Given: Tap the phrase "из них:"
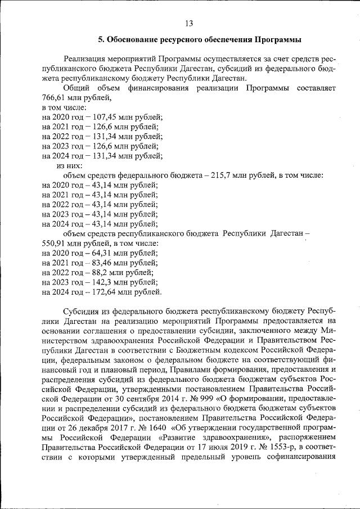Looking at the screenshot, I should tap(69, 165).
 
